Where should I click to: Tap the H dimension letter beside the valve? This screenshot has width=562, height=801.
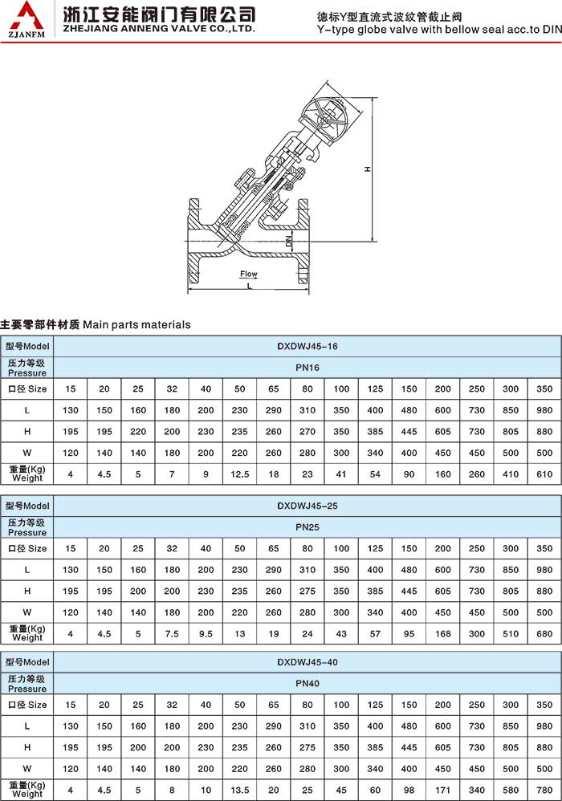[x=366, y=169]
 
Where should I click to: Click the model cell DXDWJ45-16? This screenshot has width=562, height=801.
[x=307, y=346]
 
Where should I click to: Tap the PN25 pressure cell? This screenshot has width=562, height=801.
[x=307, y=527]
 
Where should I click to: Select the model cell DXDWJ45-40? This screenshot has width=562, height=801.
[x=307, y=662]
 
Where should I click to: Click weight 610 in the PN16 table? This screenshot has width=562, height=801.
[x=544, y=474]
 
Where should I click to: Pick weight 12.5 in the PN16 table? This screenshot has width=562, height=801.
[x=240, y=474]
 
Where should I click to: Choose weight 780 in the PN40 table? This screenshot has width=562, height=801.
[x=544, y=791]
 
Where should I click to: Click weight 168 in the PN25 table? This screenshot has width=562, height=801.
[x=443, y=632]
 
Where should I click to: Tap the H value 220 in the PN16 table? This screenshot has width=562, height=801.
[x=138, y=431]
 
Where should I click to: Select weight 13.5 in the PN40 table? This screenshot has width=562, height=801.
[x=240, y=791]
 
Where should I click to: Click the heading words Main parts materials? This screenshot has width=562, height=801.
[x=136, y=324]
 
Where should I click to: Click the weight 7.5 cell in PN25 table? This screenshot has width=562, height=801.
[x=172, y=632]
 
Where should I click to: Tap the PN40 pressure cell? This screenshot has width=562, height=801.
[x=307, y=683]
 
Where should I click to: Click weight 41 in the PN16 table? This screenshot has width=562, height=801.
[x=342, y=474]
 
